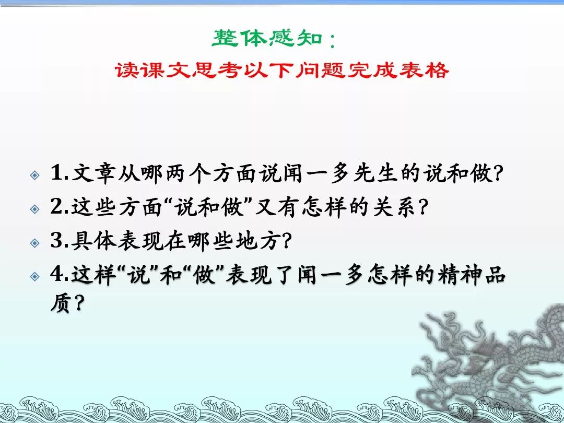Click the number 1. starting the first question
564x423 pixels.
coord(60,173)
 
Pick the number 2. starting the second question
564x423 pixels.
coord(60,208)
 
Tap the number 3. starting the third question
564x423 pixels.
coord(60,242)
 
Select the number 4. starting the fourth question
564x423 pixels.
coord(60,276)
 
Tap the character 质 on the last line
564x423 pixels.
coord(61,303)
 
